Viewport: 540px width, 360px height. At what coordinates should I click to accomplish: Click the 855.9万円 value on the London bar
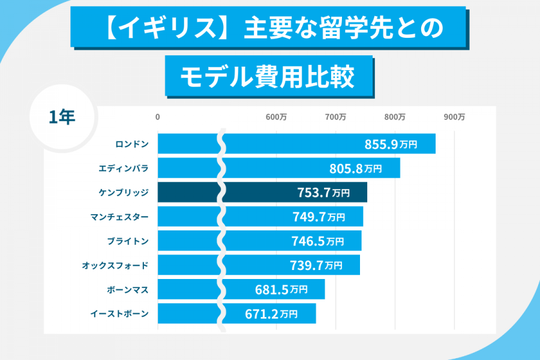point(391,144)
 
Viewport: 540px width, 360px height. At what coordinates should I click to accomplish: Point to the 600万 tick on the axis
point(276,118)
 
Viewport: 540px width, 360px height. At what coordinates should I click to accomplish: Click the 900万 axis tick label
point(454,118)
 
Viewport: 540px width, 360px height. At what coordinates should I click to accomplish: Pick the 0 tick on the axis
point(158,118)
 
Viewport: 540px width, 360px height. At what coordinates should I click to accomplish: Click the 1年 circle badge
point(62,117)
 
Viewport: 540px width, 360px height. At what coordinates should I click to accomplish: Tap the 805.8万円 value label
point(356,169)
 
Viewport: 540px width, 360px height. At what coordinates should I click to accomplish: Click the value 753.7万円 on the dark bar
point(323,193)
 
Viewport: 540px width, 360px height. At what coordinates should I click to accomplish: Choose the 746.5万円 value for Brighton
point(318,241)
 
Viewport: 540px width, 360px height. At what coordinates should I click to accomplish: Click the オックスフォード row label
point(115,265)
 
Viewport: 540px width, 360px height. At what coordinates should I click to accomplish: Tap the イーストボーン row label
point(119,313)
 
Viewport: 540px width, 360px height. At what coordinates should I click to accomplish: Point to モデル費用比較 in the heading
point(268,77)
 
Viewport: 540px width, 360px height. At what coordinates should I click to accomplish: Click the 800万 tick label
point(395,118)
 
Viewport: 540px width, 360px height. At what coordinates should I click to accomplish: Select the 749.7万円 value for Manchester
point(319,217)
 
